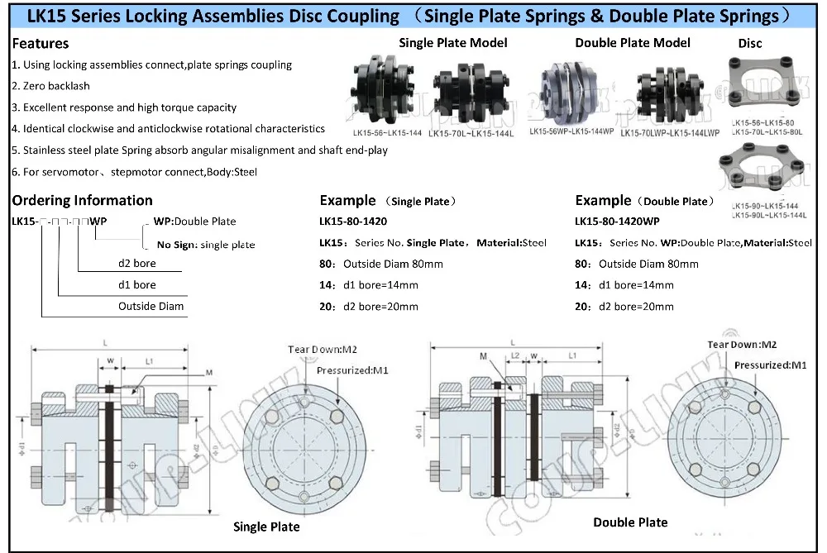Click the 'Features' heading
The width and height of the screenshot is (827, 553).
pyautogui.click(x=41, y=43)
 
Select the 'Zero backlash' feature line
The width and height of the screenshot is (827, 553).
pyautogui.click(x=50, y=86)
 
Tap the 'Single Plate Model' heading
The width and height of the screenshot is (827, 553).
pyautogui.click(x=453, y=42)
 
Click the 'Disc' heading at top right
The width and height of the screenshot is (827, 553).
pyautogui.click(x=750, y=42)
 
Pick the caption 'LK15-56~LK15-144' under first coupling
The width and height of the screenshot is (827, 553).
pyautogui.click(x=386, y=132)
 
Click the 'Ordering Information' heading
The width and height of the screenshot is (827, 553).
pyautogui.click(x=82, y=200)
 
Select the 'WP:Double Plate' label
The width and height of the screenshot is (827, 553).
pyautogui.click(x=195, y=222)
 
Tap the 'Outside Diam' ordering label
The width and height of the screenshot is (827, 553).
pyautogui.click(x=151, y=306)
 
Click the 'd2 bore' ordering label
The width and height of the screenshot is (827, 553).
pyautogui.click(x=136, y=264)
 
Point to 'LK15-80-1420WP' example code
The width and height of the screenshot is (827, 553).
pyautogui.click(x=617, y=222)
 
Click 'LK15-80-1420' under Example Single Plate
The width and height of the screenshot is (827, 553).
pyautogui.click(x=353, y=222)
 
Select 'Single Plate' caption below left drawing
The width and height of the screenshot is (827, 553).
pyautogui.click(x=266, y=527)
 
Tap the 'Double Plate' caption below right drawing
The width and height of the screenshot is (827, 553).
pyautogui.click(x=630, y=522)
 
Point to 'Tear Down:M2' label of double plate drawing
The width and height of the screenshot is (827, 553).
pyautogui.click(x=741, y=344)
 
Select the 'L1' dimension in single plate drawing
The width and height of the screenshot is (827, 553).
pyautogui.click(x=150, y=361)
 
